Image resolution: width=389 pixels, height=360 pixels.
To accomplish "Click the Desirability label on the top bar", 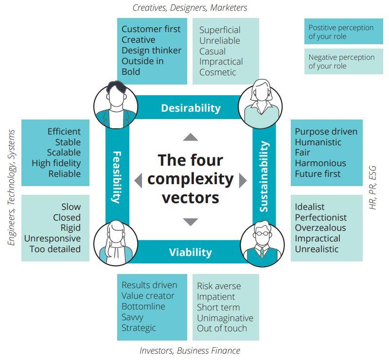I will point(191,108).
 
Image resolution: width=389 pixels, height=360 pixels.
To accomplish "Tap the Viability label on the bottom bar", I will point(191,252).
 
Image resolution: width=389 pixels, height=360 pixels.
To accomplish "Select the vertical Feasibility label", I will point(117,177).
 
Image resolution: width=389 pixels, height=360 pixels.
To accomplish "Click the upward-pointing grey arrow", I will point(191,137).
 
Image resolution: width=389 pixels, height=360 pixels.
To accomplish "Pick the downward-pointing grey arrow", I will point(191,222).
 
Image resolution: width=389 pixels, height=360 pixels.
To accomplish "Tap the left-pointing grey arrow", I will point(138,180).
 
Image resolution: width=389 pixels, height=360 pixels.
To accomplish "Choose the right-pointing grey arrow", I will point(243,180).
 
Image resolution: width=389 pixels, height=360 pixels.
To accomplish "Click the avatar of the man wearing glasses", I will point(262,244).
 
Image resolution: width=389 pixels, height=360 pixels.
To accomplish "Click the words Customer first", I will point(151,29).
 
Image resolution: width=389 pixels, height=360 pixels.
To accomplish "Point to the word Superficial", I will point(220,30).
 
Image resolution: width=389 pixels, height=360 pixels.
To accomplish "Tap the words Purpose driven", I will point(326,132).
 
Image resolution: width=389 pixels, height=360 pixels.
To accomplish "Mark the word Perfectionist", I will point(320,217).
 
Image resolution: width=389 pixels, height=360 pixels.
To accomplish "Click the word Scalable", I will point(64,153).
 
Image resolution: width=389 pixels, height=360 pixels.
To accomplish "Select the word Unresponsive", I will point(53,239).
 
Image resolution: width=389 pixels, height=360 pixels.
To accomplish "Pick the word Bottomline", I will point(143,307).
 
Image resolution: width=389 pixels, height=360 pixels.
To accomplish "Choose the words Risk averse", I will point(219,286).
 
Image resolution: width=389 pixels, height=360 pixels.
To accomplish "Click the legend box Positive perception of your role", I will point(340,32).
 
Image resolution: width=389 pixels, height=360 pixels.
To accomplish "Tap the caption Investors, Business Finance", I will point(190,350).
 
